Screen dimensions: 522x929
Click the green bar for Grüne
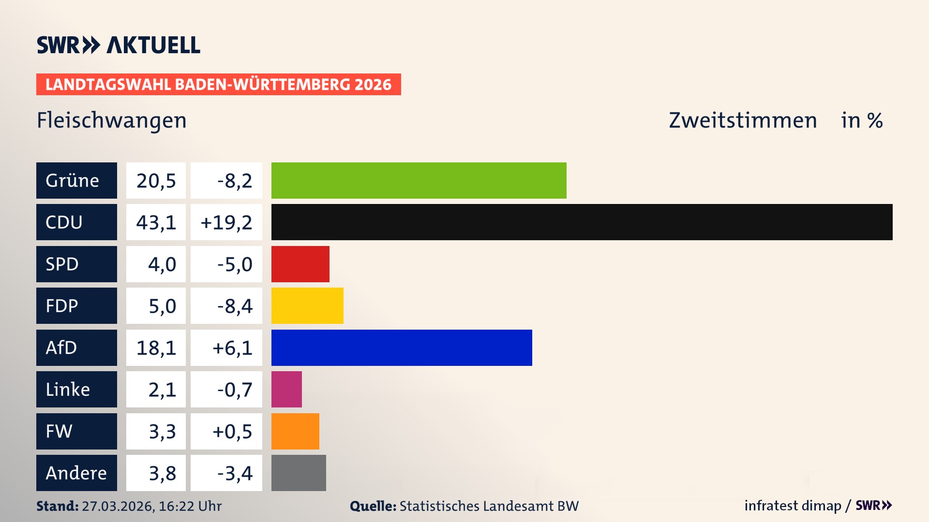(419, 180)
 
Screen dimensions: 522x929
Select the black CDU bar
(582, 222)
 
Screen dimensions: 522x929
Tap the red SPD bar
(300, 264)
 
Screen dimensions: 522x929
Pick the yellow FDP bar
(307, 305)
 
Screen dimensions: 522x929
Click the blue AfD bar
(402, 348)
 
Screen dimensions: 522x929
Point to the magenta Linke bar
(286, 389)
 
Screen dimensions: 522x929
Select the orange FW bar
(295, 431)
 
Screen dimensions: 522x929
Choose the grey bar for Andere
(299, 473)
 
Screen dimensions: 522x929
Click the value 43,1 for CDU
(156, 222)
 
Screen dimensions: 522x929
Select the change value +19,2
(226, 222)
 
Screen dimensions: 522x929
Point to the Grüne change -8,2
(234, 181)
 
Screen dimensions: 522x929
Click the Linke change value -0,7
(234, 390)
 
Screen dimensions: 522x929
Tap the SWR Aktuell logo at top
(119, 45)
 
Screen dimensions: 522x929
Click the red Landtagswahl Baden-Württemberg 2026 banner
(218, 85)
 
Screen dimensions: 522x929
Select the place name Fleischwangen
(112, 120)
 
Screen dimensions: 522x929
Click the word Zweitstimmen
(743, 120)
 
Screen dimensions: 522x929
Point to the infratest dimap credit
(793, 506)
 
